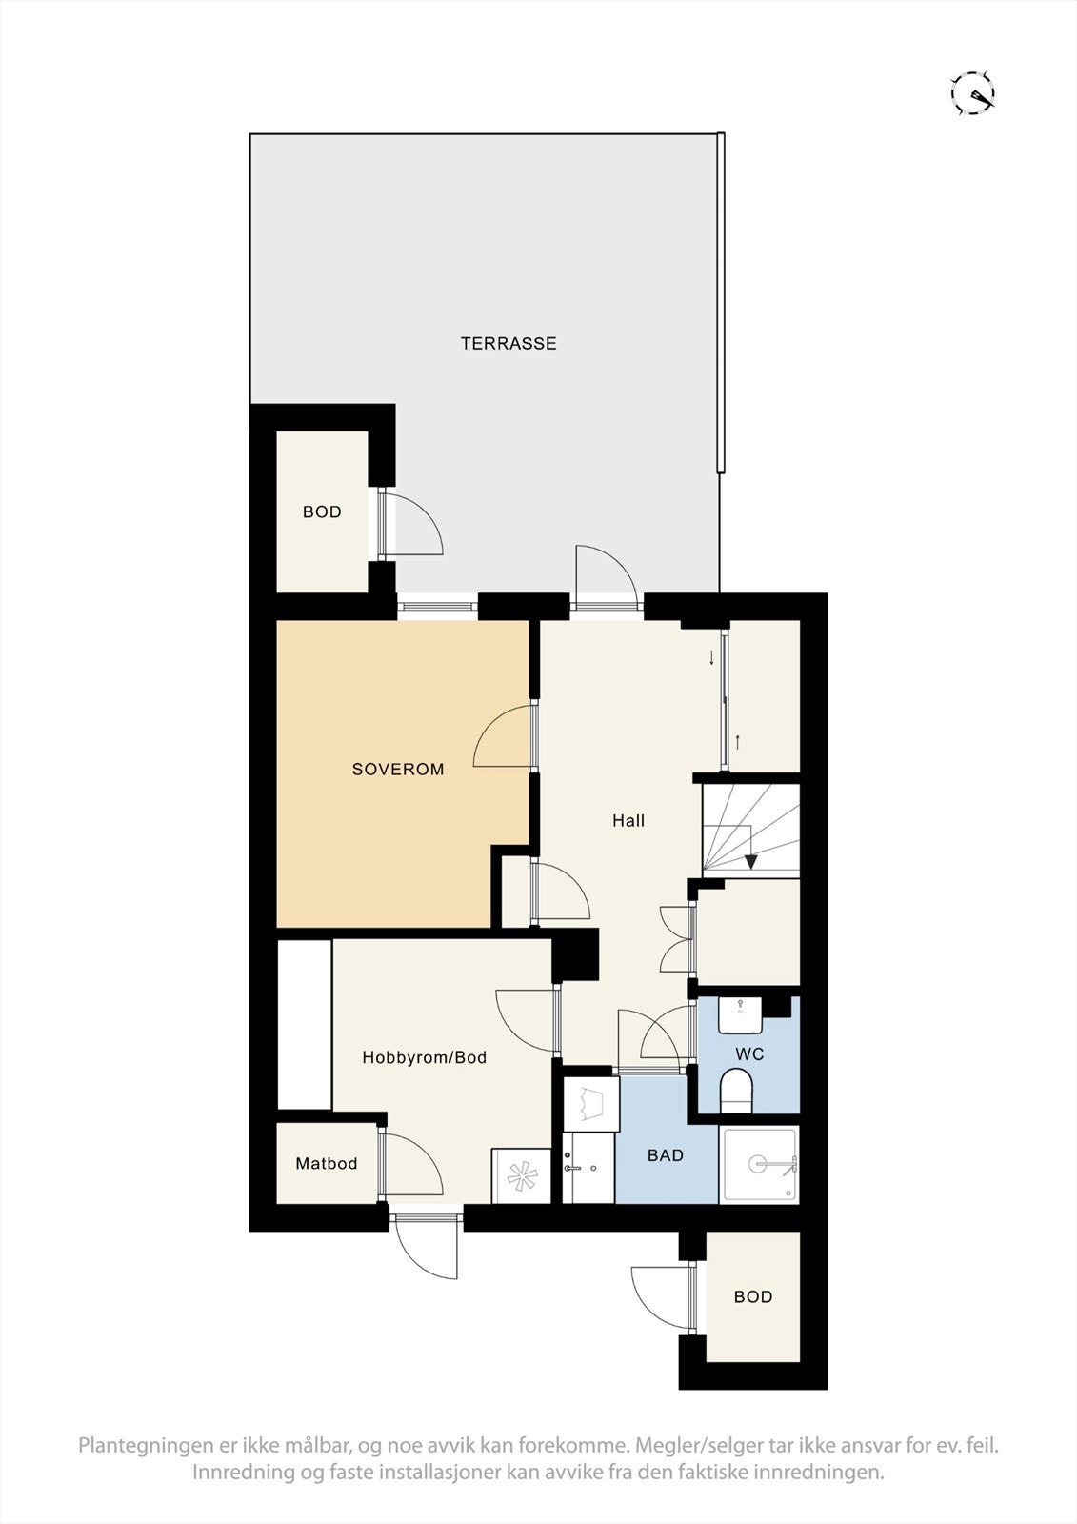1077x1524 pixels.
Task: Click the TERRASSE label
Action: [x=509, y=344]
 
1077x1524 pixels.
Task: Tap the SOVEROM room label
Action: [x=398, y=770]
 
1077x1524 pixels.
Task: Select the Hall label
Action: [x=628, y=821]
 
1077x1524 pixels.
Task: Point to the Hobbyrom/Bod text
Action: [x=425, y=1057]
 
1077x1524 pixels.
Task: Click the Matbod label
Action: [x=327, y=1164]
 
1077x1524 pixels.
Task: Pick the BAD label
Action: [x=666, y=1156]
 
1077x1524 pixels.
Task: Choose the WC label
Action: [x=750, y=1055]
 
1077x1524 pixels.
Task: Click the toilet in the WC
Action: [x=737, y=1089]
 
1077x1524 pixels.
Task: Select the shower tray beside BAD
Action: [x=759, y=1164]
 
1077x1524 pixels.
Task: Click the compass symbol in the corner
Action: [x=973, y=93]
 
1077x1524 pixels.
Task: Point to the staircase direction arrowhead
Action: [x=750, y=862]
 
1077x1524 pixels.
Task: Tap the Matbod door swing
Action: [x=411, y=1164]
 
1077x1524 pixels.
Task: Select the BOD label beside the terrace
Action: [x=322, y=512]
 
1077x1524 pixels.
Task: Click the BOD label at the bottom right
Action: [x=753, y=1297]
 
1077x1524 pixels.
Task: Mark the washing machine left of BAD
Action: [x=590, y=1105]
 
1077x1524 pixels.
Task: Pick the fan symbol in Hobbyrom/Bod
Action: [x=521, y=1176]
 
